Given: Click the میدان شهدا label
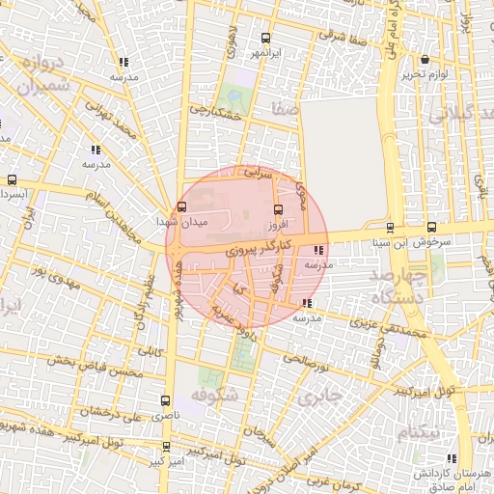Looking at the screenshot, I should click(x=176, y=222).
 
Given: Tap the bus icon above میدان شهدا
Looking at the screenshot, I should click(x=182, y=206).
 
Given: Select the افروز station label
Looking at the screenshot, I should click(x=280, y=223).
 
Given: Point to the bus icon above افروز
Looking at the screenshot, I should click(x=280, y=208).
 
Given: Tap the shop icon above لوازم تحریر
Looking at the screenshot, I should click(x=425, y=60).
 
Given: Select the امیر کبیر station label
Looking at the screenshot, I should click(x=167, y=461).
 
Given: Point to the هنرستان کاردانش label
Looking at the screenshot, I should click(x=453, y=474).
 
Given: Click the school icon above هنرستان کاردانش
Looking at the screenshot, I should click(x=452, y=459).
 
